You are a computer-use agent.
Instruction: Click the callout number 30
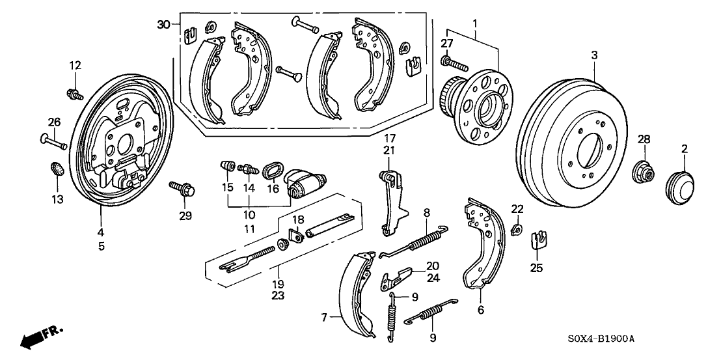(163, 25)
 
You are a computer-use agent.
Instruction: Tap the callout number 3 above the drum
(593, 57)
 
